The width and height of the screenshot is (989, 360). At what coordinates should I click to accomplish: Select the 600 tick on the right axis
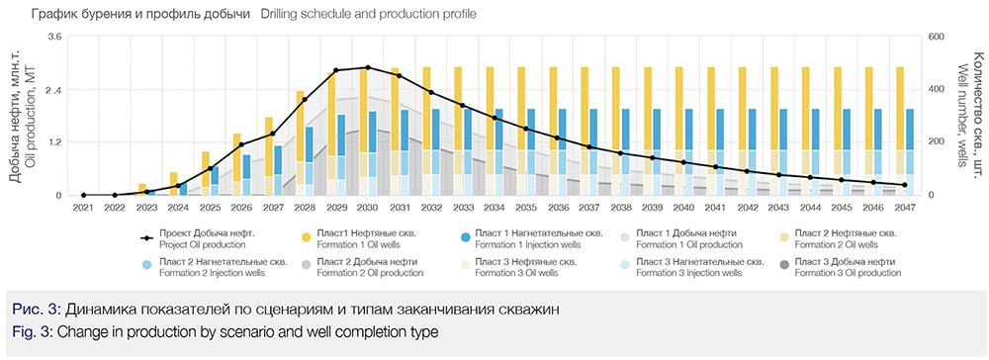(x=936, y=38)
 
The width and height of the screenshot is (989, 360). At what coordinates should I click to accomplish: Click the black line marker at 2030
(x=368, y=67)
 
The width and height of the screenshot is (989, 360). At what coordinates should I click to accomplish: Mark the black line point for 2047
(x=905, y=185)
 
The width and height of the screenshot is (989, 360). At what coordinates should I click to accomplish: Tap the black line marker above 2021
(x=83, y=195)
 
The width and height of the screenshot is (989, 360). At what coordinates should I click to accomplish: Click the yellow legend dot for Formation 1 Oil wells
(x=306, y=237)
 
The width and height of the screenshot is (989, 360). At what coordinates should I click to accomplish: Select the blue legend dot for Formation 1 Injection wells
(x=464, y=237)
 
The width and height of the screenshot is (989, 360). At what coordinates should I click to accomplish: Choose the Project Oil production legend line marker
(x=147, y=238)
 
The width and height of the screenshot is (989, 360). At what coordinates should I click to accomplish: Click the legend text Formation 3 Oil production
(x=848, y=273)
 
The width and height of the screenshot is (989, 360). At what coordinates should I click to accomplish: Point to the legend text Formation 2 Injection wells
(x=212, y=273)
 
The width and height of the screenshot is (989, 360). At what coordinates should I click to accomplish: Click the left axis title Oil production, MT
(x=30, y=116)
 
